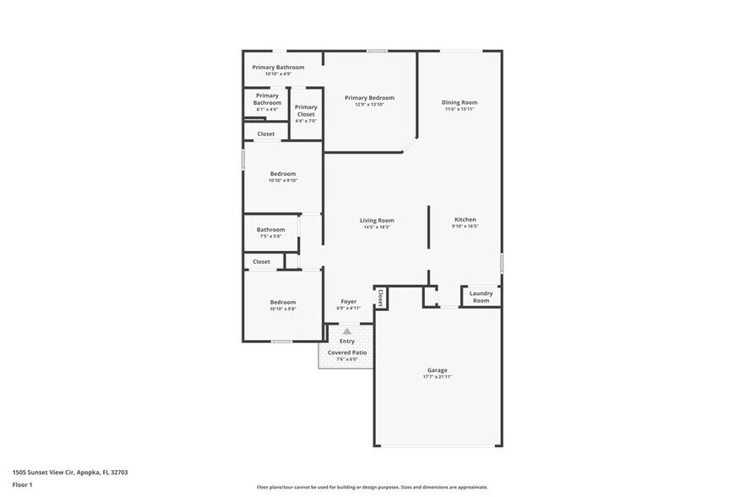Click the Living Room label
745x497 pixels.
378,221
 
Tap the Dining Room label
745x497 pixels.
460,103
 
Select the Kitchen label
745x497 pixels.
465,220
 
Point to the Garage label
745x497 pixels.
437,370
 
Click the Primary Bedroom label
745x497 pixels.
369,98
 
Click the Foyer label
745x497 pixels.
348,301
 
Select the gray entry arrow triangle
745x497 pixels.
346,331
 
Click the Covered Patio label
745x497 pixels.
347,352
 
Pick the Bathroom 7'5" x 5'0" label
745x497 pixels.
271,229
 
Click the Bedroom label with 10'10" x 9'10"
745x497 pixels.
283,174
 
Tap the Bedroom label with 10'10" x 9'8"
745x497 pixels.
283,303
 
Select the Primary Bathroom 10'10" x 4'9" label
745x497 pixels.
278,67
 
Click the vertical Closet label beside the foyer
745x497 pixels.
381,298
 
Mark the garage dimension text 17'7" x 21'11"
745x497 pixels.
437,376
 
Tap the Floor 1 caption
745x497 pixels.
23,484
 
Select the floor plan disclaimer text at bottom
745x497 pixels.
372,487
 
